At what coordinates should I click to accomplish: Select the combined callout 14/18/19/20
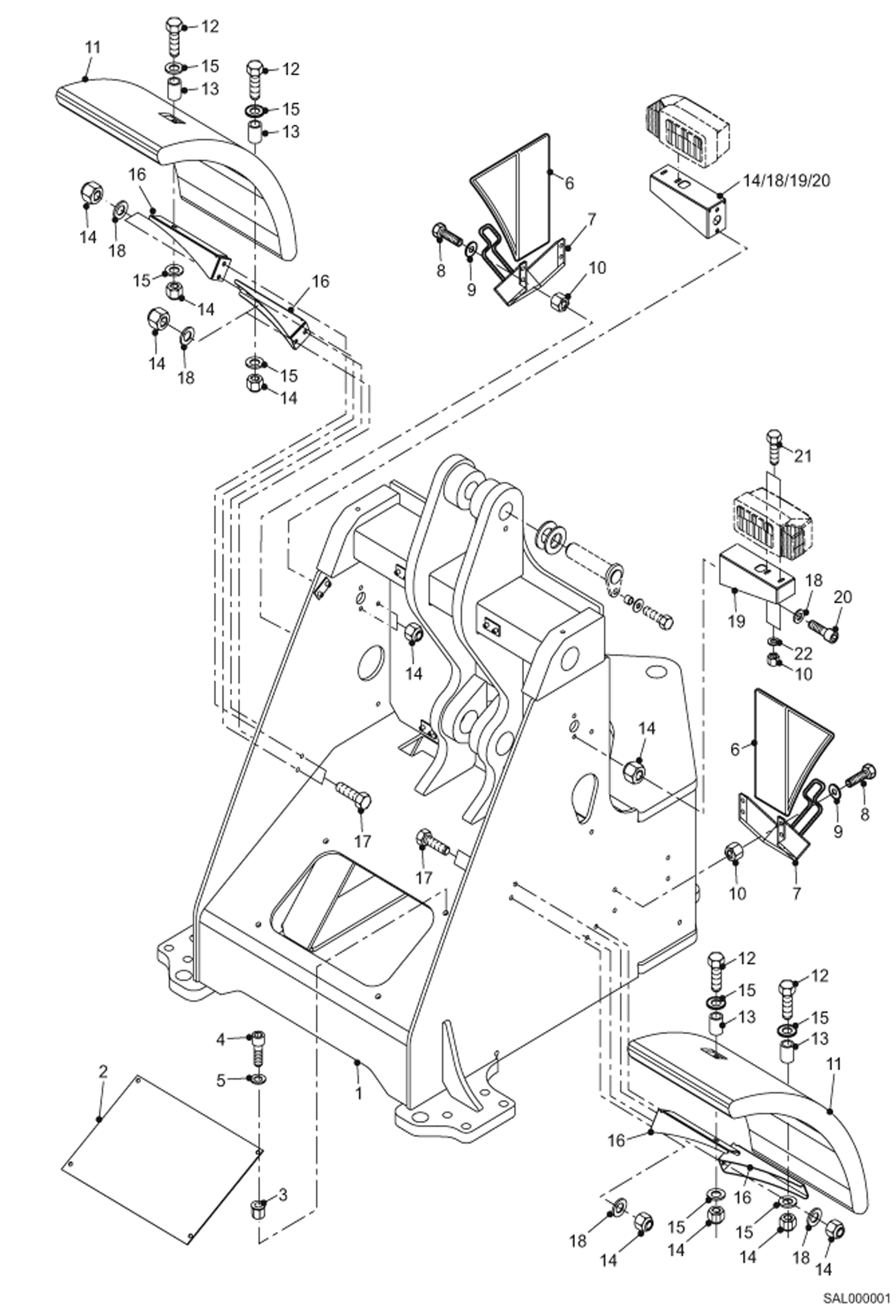787,180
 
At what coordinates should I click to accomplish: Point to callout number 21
803,456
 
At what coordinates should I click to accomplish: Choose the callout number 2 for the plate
103,1071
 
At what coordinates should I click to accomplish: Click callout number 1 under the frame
358,1093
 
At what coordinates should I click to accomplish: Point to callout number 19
736,621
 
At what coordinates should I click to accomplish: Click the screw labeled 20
823,627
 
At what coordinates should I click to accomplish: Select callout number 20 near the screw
843,597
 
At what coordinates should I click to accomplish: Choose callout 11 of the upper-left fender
92,47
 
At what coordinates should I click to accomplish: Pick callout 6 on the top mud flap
569,183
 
